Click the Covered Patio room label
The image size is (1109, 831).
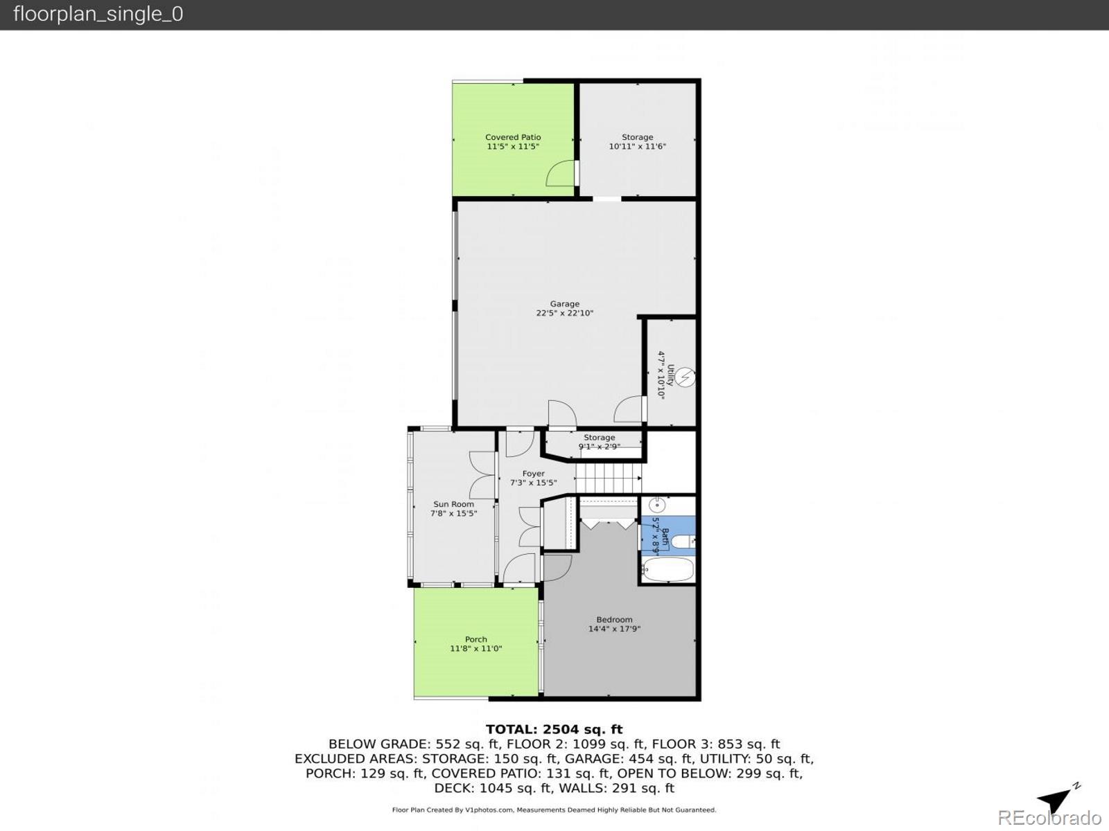(513, 137)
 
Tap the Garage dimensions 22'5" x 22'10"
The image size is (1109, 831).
(564, 313)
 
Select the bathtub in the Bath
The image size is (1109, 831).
(667, 571)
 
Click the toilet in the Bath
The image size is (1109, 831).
(683, 542)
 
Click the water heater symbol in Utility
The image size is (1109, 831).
(685, 377)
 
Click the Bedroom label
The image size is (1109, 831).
(614, 620)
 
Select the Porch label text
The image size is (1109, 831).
(475, 639)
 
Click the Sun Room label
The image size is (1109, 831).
(453, 504)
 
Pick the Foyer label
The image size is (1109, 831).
(533, 474)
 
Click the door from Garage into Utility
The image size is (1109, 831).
(629, 409)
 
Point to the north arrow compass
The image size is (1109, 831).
(1058, 799)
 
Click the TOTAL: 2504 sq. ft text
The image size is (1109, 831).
(554, 729)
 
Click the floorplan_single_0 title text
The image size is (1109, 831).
(98, 14)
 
